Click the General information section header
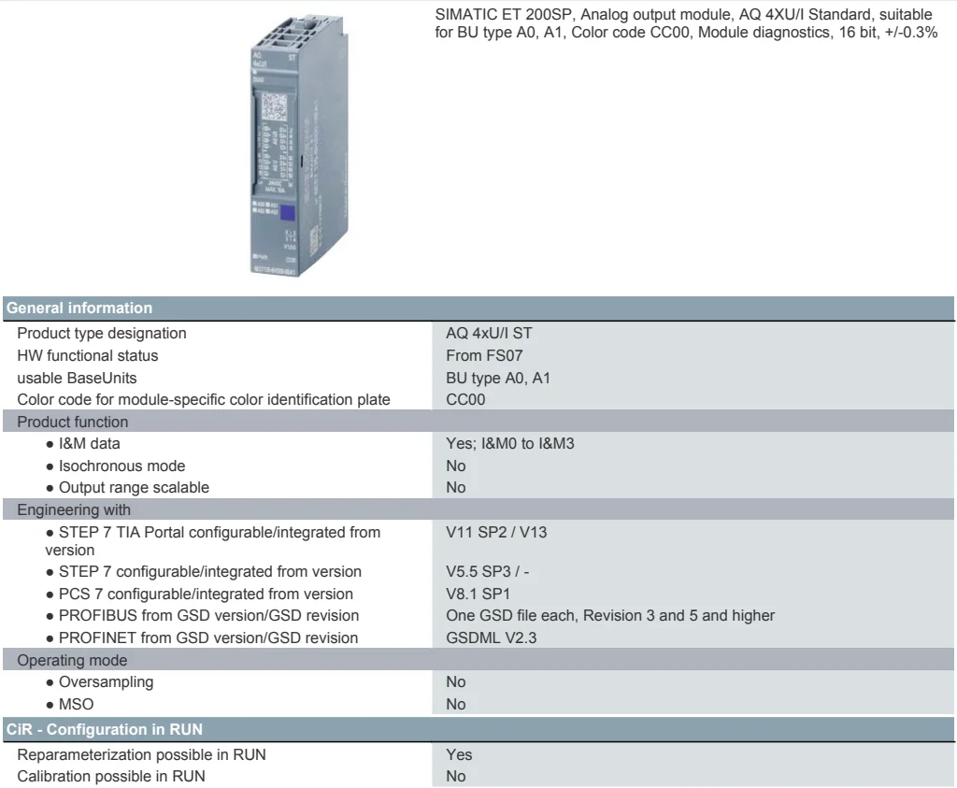coord(79,308)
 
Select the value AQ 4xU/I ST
coord(490,333)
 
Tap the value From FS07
coord(485,355)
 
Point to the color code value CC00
coord(465,400)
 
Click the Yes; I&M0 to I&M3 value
coord(510,443)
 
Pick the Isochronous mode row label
coord(121,466)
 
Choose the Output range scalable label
coord(134,487)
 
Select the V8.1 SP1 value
coord(478,594)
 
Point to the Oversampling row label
coord(106,681)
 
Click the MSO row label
coord(76,704)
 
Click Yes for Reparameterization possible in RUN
coord(459,754)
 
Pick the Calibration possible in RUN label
coord(111,776)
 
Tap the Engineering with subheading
coord(74,509)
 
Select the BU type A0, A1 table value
coord(498,378)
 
